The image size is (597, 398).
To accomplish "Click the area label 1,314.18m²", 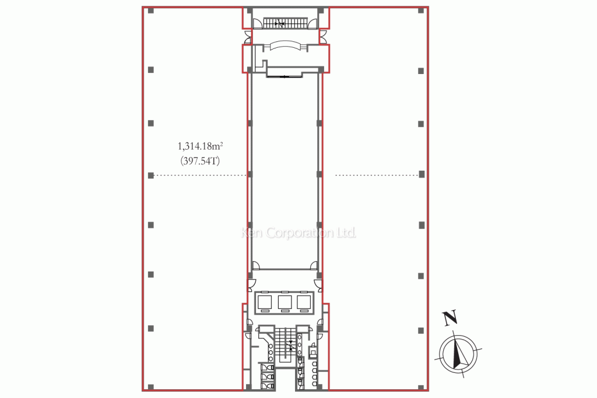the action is [x=201, y=146].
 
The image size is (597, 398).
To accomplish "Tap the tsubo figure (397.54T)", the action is [x=201, y=161].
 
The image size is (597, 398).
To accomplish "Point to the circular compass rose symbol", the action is [x=459, y=354].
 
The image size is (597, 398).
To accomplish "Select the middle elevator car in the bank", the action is [x=285, y=302].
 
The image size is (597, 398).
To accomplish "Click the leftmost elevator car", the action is [x=265, y=302].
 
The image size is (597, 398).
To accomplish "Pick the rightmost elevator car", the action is [x=304, y=302].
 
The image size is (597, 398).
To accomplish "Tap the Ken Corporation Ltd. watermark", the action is [x=299, y=233].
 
